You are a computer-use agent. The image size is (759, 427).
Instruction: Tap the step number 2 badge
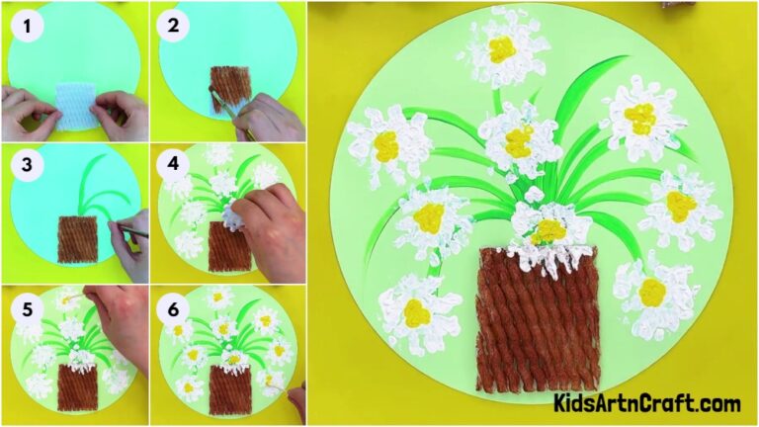point(175,27)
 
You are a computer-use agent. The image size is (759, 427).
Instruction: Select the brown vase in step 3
point(76,238)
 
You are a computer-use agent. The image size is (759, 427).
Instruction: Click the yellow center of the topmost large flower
point(503,48)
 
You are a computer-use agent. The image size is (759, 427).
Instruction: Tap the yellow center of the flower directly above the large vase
point(548,231)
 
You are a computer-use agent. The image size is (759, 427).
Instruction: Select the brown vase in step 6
point(227,388)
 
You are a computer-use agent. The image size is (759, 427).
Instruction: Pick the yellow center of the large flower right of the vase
point(651,292)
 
